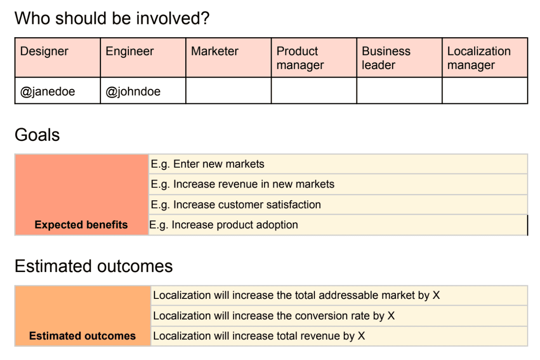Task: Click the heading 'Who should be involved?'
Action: [112, 18]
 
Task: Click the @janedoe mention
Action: [48, 92]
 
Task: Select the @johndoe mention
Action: [133, 92]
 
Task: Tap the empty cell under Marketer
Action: [229, 91]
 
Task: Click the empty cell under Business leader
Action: [399, 91]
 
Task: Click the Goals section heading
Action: [37, 135]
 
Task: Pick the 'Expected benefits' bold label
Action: [81, 225]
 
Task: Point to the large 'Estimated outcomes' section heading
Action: [94, 266]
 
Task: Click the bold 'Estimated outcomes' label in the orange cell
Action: [83, 336]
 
